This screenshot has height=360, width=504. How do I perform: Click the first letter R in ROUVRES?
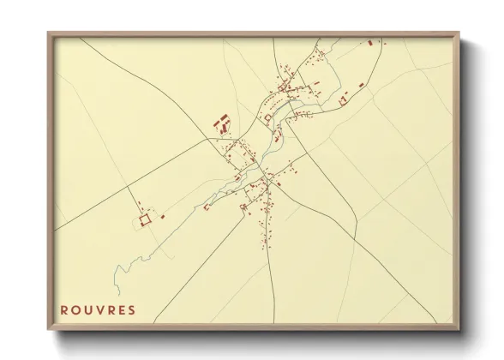click(64, 309)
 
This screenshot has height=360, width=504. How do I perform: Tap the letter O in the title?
click(76, 309)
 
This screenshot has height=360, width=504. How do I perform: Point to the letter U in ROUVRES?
click(88, 309)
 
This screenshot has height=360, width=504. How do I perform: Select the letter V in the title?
click(99, 309)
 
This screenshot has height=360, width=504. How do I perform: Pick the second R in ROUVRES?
click(111, 309)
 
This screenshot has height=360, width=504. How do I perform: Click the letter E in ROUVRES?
click(121, 309)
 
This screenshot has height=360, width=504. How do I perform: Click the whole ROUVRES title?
click(98, 309)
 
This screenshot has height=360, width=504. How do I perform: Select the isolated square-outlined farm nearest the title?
click(146, 219)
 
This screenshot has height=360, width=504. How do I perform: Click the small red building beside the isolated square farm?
click(162, 216)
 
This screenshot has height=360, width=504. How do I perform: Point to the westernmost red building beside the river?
click(207, 207)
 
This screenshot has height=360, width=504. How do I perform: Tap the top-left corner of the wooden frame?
click(49, 33)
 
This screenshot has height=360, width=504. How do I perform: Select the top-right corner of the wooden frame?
click(459, 33)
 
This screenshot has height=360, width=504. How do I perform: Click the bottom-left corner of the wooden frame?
click(49, 329)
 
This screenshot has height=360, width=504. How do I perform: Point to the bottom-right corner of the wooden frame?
click(459, 329)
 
